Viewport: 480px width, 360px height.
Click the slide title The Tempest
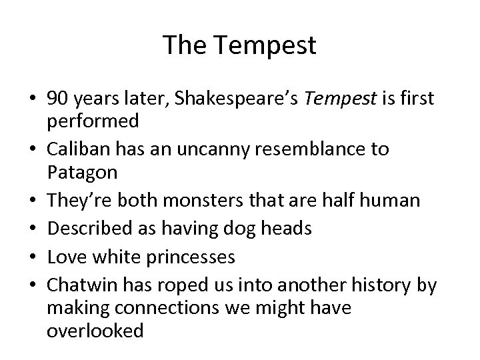tap(239, 45)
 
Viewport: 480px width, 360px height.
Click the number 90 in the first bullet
tap(57, 99)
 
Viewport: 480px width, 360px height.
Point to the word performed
tap(93, 121)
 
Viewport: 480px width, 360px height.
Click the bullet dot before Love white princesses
tap(33, 257)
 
